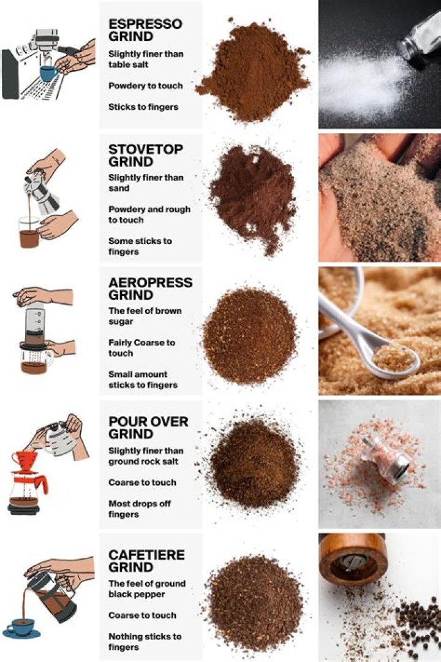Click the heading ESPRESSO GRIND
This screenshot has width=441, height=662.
point(145,30)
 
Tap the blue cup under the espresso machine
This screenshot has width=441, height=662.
point(49,73)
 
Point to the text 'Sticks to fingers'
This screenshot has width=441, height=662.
point(143,107)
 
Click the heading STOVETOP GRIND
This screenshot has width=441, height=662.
point(145,156)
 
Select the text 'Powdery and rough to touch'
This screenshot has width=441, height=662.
point(149,215)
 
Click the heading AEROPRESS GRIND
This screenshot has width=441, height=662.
point(150,289)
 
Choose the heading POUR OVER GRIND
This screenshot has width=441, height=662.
point(148,428)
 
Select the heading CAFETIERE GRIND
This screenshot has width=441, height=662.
point(146,561)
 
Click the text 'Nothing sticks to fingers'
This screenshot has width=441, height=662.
point(145,642)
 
